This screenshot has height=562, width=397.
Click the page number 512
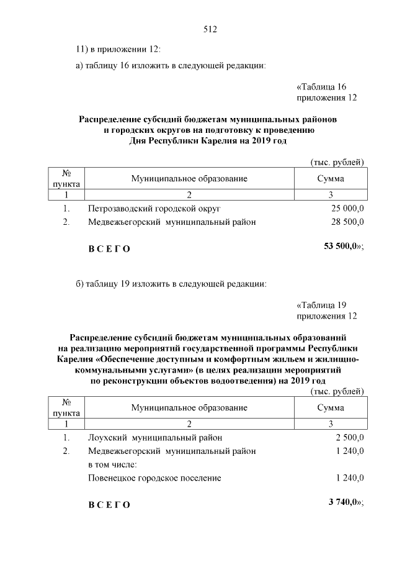[x=210, y=29]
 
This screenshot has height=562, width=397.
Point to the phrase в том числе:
[x=112, y=464]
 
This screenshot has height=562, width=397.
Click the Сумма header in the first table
[x=331, y=179]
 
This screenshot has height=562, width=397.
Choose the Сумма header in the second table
[x=331, y=408]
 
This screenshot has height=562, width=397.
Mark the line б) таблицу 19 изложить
[x=171, y=285]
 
